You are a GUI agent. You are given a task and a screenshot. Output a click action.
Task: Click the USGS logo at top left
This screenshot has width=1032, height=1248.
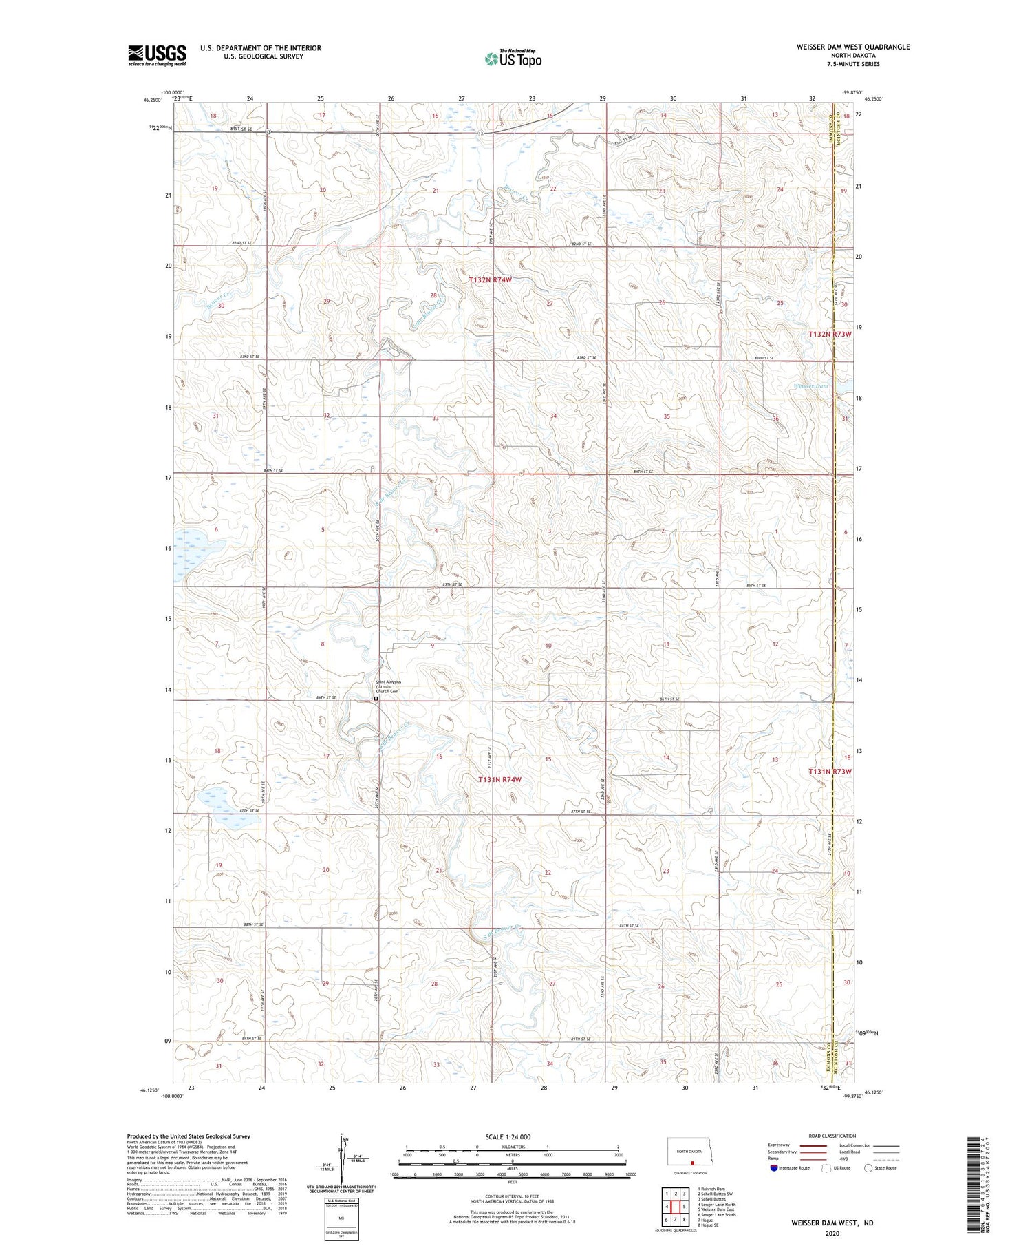157,55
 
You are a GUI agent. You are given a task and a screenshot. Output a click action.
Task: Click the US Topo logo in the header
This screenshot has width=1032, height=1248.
513,59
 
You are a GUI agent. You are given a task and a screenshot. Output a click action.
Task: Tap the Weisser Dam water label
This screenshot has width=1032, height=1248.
813,386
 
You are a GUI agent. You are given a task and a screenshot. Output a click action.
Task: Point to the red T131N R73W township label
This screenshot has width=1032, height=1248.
830,772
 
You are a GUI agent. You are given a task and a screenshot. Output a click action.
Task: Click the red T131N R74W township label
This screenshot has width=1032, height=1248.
499,779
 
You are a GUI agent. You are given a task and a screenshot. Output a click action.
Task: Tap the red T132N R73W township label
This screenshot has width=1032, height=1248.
830,334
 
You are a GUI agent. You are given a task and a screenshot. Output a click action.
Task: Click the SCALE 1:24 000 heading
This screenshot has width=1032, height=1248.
507,1136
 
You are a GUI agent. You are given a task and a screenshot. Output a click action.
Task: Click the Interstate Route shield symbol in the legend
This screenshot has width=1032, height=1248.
774,1168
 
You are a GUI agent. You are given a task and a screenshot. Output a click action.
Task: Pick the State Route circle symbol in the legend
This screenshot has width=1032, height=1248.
869,1168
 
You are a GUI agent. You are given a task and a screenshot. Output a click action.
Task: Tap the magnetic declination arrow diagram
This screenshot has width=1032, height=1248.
341,1159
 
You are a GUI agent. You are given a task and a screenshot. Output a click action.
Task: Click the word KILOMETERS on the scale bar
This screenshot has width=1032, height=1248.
511,1147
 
